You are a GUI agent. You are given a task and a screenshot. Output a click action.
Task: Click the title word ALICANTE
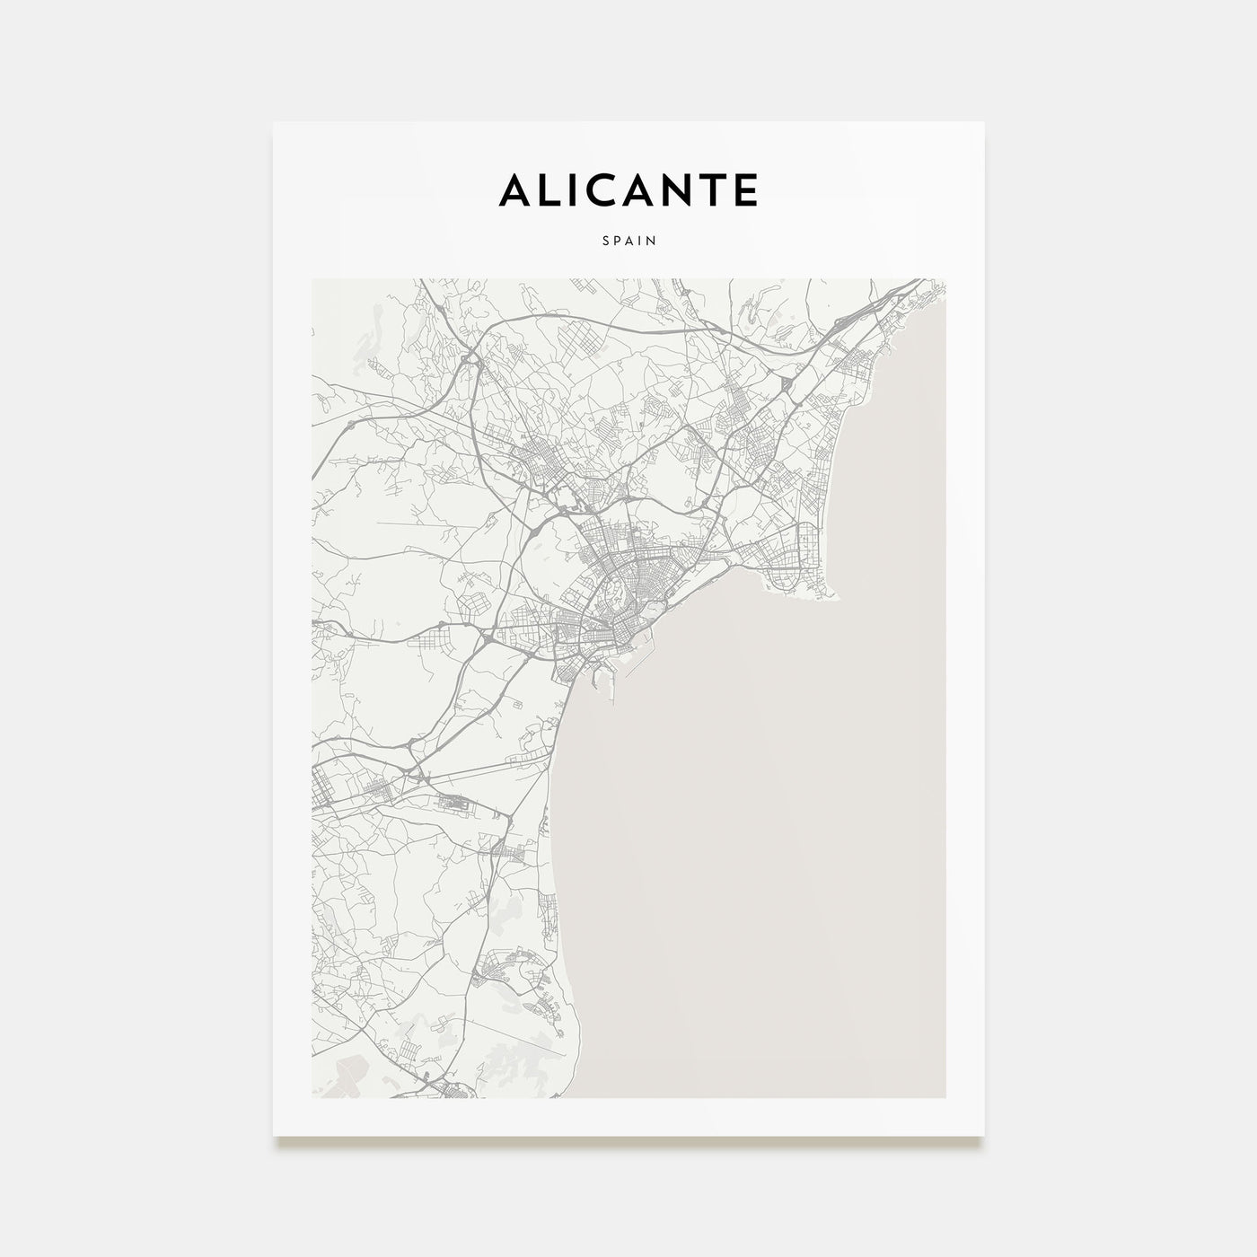pyautogui.click(x=628, y=190)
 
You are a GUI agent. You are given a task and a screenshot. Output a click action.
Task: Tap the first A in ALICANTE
pyautogui.click(x=516, y=190)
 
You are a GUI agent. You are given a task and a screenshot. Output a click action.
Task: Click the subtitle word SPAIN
pyautogui.click(x=628, y=241)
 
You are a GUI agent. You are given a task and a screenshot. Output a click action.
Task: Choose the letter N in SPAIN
pyautogui.click(x=651, y=241)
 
